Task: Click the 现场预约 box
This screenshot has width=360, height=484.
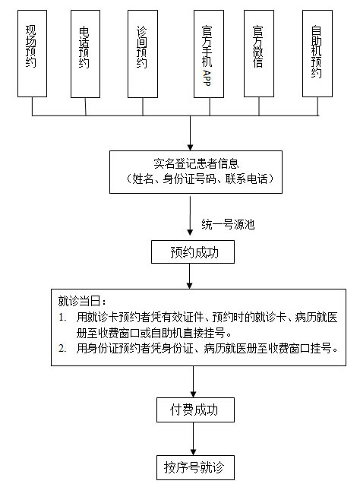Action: (x=32, y=53)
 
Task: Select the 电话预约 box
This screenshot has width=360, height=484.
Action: (x=86, y=54)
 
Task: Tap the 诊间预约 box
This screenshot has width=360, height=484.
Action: (x=143, y=54)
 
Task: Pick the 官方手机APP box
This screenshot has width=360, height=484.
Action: (x=209, y=54)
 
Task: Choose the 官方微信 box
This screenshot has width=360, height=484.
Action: (x=259, y=53)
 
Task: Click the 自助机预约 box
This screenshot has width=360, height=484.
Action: (x=317, y=53)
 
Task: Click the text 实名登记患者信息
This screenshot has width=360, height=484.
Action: (x=196, y=163)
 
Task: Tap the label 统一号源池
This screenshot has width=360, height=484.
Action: (x=228, y=224)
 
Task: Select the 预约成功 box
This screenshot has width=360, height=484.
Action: (x=193, y=252)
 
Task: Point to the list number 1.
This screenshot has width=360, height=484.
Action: (x=62, y=318)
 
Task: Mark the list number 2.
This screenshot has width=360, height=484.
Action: (x=62, y=349)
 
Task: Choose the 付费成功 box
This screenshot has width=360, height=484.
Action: (x=195, y=410)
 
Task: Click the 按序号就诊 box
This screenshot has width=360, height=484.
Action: (x=195, y=467)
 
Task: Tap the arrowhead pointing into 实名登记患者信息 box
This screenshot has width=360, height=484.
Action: (x=191, y=147)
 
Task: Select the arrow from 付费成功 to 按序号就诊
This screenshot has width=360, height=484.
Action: (x=194, y=438)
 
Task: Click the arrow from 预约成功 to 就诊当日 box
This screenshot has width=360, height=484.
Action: (x=190, y=277)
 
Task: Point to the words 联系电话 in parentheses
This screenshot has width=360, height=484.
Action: (x=246, y=179)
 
